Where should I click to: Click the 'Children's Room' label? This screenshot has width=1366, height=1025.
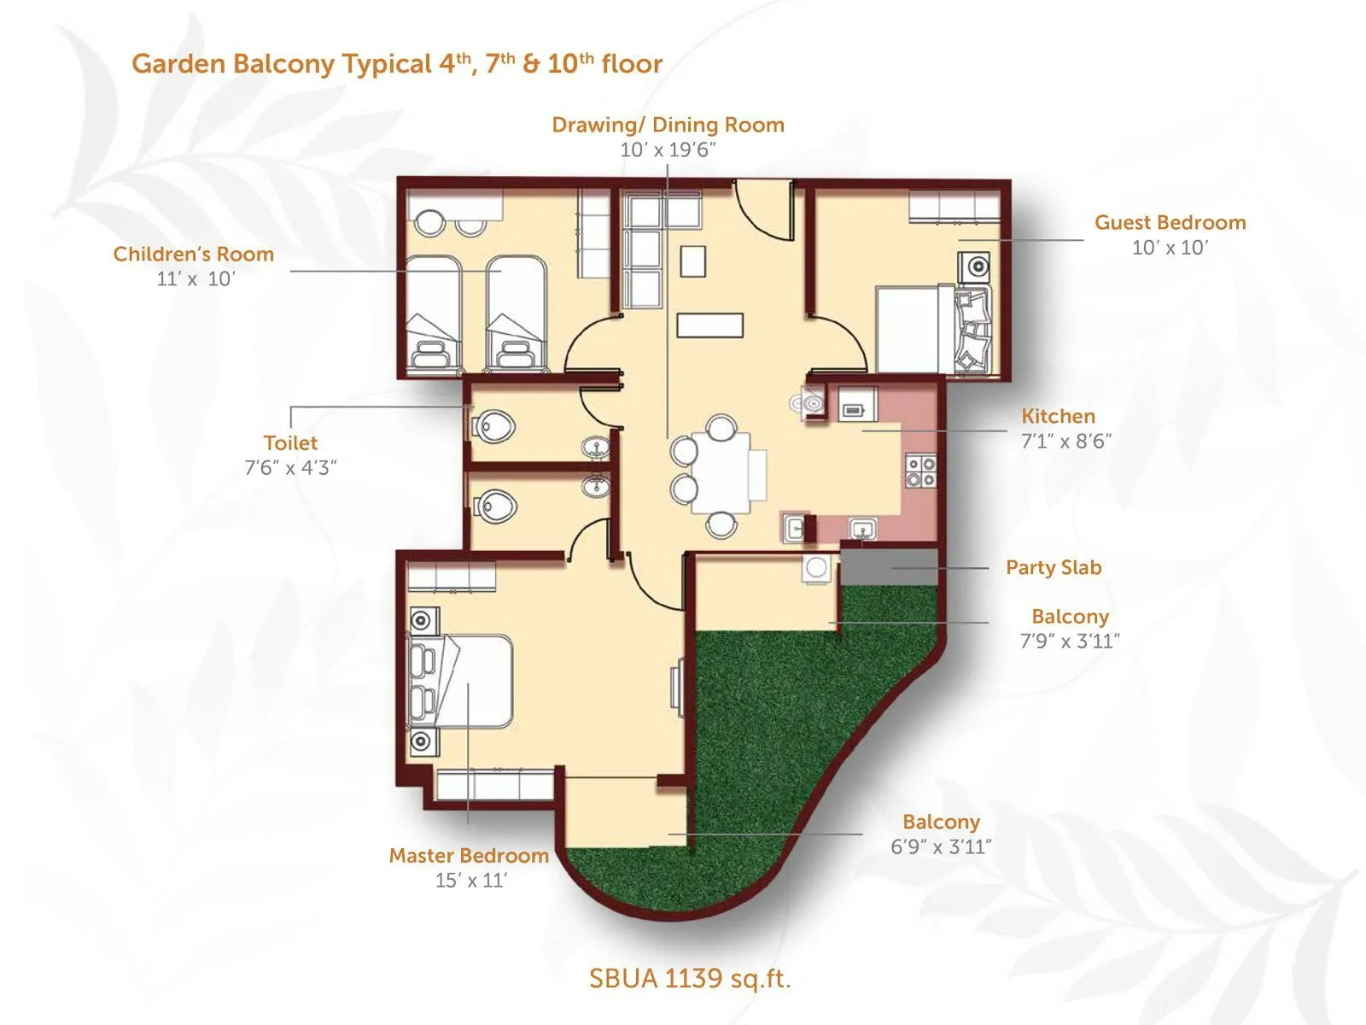tap(194, 254)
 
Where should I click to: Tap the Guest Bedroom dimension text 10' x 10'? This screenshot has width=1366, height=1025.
tap(1170, 248)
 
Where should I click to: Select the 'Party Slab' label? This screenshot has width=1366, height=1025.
tap(1054, 567)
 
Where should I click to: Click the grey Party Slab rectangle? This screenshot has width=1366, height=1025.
tap(889, 567)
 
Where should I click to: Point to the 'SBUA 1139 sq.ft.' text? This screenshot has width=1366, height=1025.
tap(690, 978)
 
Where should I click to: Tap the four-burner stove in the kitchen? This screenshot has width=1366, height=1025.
tap(921, 471)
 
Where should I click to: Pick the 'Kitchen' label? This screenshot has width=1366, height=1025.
tap(1058, 416)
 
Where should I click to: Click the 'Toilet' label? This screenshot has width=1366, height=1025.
tap(290, 442)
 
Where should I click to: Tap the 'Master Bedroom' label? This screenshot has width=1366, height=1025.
tap(469, 855)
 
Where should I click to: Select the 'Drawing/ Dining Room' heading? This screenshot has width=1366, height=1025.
tap(668, 125)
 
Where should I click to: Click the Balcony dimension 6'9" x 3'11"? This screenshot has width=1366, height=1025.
tap(941, 846)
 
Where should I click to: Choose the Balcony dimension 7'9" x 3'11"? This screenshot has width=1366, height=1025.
tap(1070, 641)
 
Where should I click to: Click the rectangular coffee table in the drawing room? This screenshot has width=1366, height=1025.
tap(709, 325)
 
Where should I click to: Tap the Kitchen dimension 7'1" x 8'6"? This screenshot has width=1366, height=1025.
tap(1066, 442)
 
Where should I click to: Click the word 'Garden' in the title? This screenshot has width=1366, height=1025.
tap(178, 64)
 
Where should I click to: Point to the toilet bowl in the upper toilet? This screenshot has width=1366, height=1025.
tap(494, 424)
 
